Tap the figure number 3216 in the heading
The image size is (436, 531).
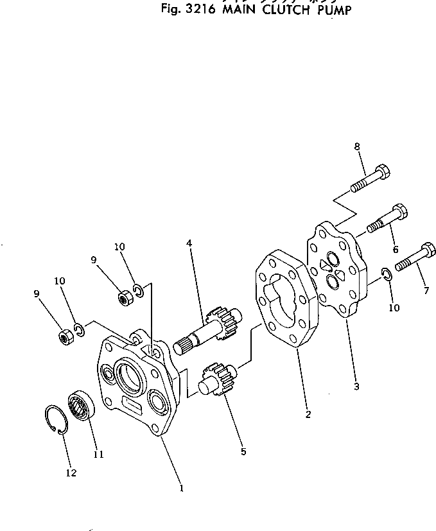click(198, 11)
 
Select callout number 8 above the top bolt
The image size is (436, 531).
click(357, 147)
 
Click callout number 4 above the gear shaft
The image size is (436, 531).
click(189, 243)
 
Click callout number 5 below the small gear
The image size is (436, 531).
click(243, 451)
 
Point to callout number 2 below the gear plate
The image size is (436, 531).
click(308, 414)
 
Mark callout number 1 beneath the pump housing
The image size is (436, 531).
click(182, 487)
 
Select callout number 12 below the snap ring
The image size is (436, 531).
click(71, 473)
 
